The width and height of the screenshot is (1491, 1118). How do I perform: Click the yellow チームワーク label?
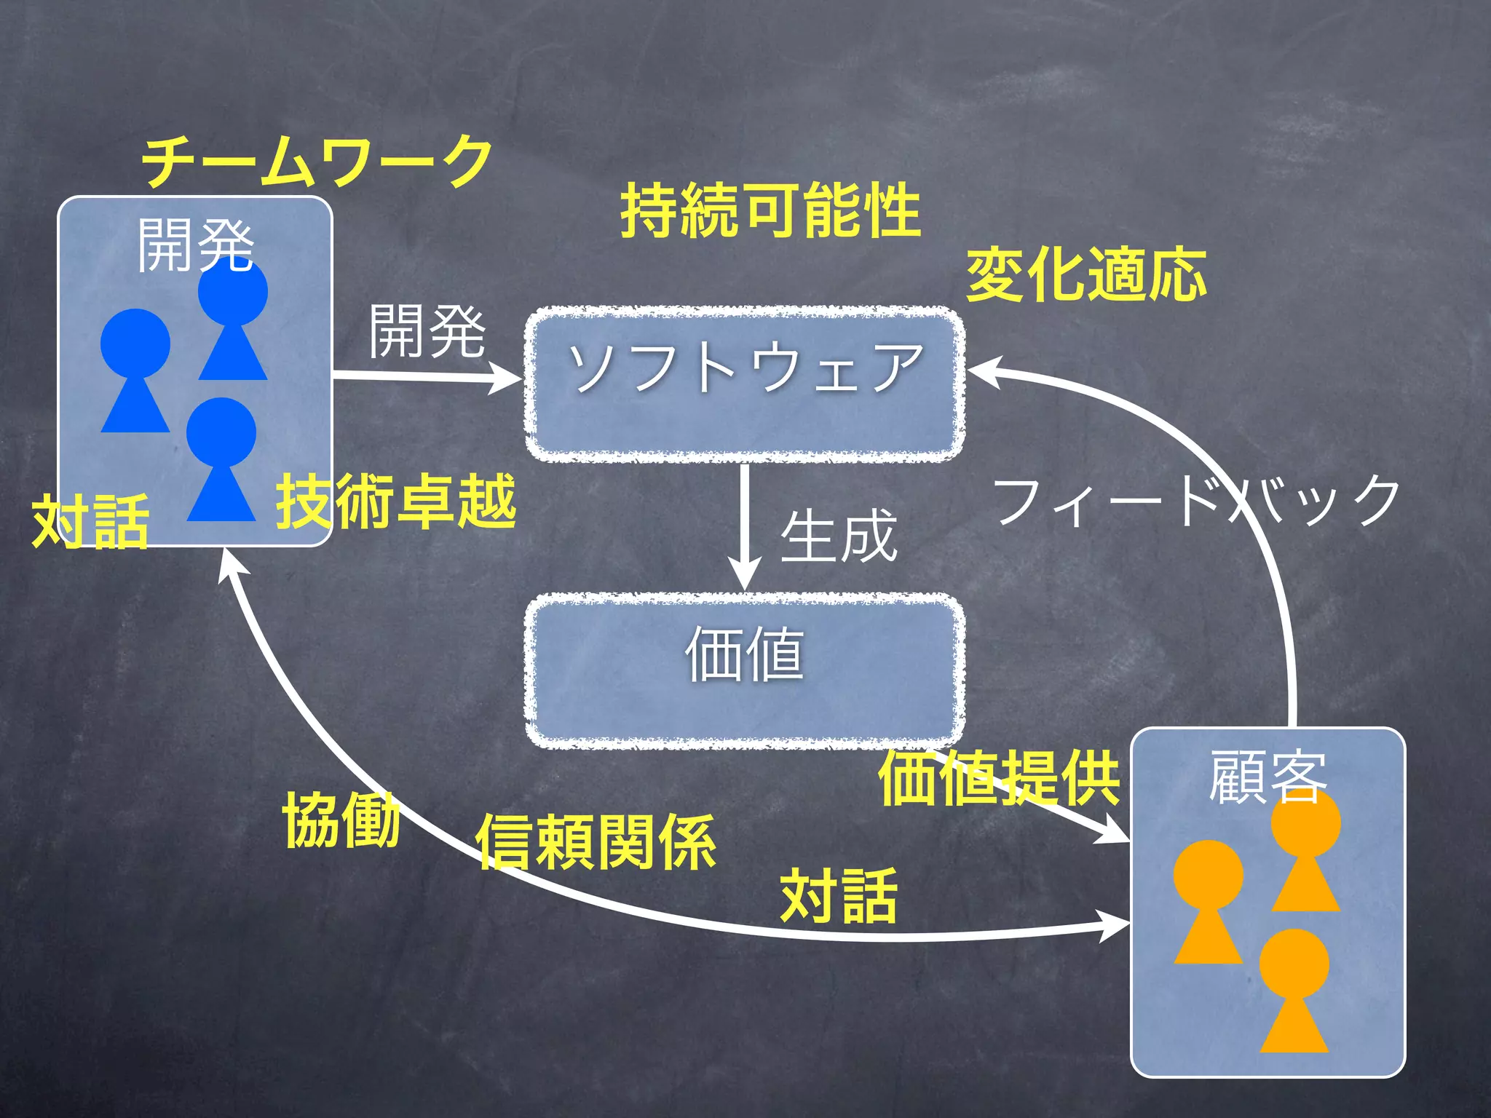click(317, 161)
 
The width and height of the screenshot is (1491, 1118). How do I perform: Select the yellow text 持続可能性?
click(770, 211)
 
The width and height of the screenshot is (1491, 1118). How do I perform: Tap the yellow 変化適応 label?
click(1085, 274)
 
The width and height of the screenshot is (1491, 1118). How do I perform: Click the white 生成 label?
click(838, 536)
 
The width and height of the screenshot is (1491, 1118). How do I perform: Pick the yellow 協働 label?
click(341, 820)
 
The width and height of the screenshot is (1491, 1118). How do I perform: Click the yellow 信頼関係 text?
click(596, 842)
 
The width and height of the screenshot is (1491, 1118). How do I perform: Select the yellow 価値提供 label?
click(999, 779)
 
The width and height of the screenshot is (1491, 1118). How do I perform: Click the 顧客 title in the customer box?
click(1267, 777)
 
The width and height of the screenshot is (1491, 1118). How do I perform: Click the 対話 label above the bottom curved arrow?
click(838, 896)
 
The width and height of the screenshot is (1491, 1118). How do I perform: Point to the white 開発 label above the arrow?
click(427, 332)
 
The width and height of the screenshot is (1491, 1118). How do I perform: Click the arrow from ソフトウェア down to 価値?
click(744, 524)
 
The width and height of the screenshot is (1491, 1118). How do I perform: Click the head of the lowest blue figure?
click(221, 432)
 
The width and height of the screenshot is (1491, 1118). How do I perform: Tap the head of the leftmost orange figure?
click(1208, 874)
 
